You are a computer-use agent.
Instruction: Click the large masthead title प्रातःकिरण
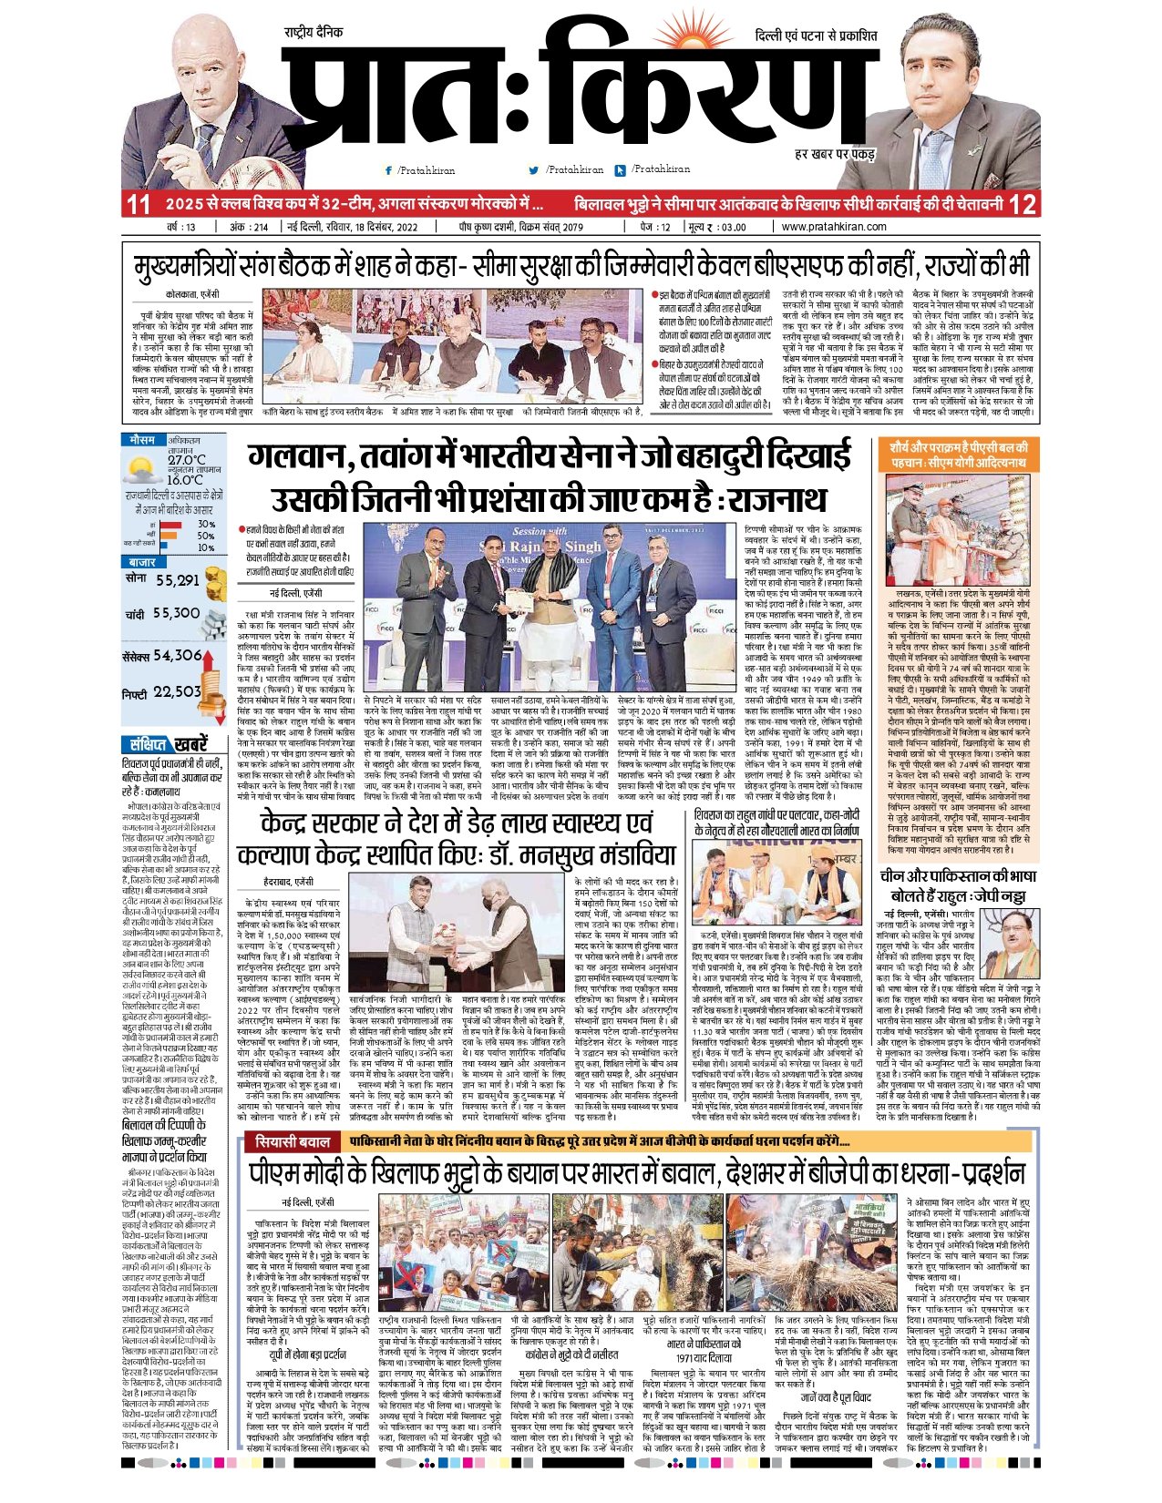tap(565, 91)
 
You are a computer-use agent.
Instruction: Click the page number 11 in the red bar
tap(138, 204)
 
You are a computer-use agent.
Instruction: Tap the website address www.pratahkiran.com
tap(833, 227)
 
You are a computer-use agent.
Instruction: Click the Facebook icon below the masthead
tap(388, 170)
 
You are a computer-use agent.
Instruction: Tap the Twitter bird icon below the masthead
tap(533, 170)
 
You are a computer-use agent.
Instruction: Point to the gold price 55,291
tap(177, 580)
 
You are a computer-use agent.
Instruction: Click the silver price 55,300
tap(176, 614)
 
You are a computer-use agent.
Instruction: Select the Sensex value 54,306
tap(177, 655)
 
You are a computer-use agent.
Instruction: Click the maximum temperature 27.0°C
tap(186, 460)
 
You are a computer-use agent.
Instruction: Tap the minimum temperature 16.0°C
tap(185, 480)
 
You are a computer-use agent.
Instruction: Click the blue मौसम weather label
tap(142, 439)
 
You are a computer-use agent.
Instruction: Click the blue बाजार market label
tap(142, 562)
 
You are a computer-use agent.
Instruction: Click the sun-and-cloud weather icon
tap(142, 470)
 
